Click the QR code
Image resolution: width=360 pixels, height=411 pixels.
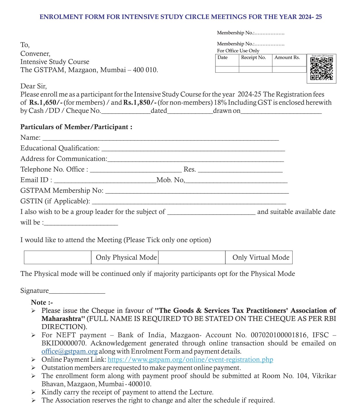[x=321, y=69]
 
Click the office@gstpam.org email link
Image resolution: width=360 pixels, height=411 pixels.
[x=69, y=351]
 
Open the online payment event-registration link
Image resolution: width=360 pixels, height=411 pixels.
[x=190, y=360]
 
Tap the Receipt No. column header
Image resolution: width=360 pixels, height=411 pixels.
[x=254, y=57]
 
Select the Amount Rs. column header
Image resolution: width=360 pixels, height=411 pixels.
[x=287, y=57]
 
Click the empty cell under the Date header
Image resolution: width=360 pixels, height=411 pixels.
[x=227, y=70]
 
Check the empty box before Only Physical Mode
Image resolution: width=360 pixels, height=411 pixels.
[x=58, y=257]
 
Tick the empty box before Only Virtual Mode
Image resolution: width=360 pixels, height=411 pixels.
[x=192, y=257]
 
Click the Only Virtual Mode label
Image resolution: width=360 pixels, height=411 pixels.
[x=261, y=257]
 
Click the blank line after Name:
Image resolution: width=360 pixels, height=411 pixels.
[x=160, y=139]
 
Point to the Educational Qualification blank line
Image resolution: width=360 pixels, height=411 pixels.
[x=193, y=149]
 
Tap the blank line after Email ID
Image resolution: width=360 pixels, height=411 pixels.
[x=107, y=181]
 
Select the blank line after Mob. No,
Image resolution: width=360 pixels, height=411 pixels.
[x=236, y=181]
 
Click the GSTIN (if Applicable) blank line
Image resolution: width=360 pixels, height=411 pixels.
[x=189, y=202]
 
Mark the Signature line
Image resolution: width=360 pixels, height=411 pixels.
[x=77, y=292]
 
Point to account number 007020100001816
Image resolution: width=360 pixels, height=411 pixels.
[x=279, y=335]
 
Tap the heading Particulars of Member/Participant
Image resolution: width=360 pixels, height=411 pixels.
[x=76, y=127]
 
